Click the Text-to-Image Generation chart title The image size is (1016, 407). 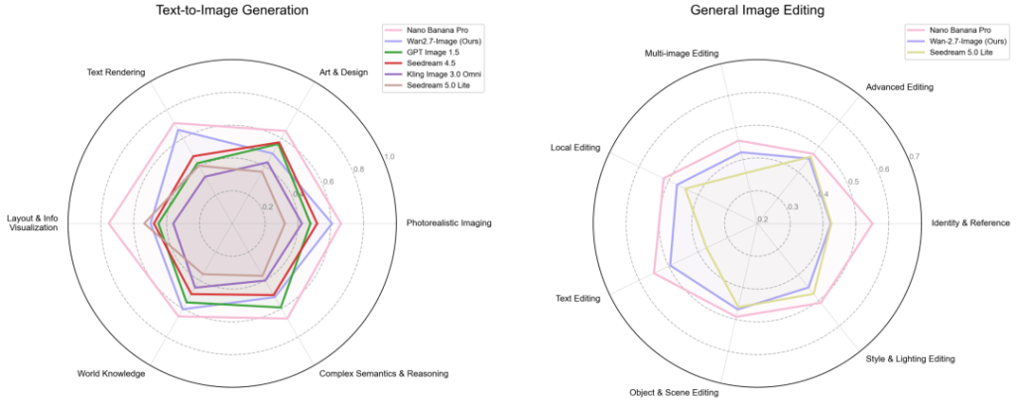tap(231, 11)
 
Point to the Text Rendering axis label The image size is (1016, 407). tap(116, 72)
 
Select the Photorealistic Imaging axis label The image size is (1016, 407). tap(448, 223)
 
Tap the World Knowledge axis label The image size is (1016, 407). tap(111, 374)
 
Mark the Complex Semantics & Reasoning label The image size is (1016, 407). tap(384, 374)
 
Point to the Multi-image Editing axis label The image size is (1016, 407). tap(684, 54)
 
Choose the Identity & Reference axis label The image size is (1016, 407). tap(970, 223)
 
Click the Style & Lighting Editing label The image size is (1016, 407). tap(910, 358)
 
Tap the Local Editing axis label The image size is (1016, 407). tap(575, 148)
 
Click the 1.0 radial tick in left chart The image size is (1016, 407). tap(390, 157)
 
